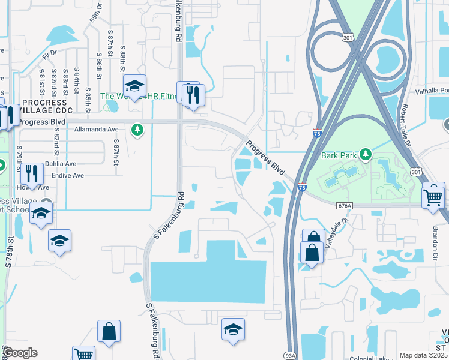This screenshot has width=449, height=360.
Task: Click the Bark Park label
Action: click(339, 155)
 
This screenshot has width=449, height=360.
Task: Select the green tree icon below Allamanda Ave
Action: click(137, 130)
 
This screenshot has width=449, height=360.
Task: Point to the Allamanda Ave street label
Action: click(97, 129)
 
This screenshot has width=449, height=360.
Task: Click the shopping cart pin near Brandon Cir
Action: click(433, 196)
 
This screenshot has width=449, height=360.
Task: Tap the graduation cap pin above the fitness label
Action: click(135, 86)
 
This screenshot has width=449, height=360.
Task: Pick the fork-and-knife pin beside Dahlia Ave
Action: click(32, 173)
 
